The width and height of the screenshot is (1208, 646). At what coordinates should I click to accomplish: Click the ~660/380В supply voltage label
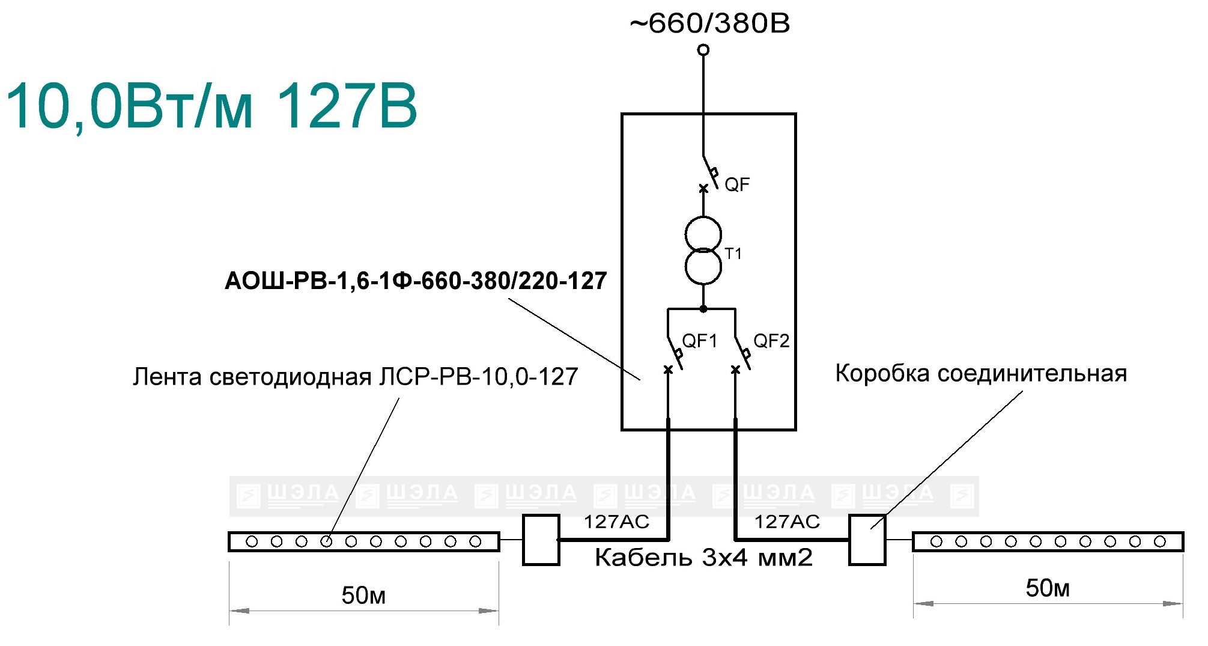coord(709,23)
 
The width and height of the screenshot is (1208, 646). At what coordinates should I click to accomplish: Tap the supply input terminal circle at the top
coord(703,50)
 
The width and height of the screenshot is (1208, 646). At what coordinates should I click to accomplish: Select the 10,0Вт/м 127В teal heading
coord(211,106)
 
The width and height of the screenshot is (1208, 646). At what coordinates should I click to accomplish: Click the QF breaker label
coord(737,184)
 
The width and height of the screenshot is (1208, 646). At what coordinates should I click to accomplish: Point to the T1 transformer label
coord(733,254)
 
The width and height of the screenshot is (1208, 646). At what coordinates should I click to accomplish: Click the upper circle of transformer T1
coord(703,234)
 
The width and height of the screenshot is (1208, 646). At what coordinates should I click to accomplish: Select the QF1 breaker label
coord(700,341)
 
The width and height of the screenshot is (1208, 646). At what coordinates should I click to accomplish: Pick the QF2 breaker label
coord(771,341)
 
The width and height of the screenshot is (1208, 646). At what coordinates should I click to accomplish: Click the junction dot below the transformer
coord(703,309)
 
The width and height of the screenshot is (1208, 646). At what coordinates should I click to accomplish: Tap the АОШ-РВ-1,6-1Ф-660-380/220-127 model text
coord(416,281)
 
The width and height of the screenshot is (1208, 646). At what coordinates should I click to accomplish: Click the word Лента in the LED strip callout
coord(168,377)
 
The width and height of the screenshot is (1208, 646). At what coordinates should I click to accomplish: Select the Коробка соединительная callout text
coord(981,374)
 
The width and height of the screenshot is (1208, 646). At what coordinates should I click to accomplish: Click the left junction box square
coord(541,540)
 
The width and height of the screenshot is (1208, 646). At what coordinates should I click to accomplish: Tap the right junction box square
coord(867,540)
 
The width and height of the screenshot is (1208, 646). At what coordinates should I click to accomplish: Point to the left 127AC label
coord(617,522)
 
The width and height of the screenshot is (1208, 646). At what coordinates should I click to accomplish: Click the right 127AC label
coord(787,522)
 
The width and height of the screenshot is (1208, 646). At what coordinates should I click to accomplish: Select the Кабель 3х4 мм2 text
coord(703,558)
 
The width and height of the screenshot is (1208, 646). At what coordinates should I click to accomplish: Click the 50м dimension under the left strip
coord(363,596)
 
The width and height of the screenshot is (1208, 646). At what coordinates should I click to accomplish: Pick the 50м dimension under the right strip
coord(1048,588)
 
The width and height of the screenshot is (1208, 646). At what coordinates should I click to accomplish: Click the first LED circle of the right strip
coord(936,541)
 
